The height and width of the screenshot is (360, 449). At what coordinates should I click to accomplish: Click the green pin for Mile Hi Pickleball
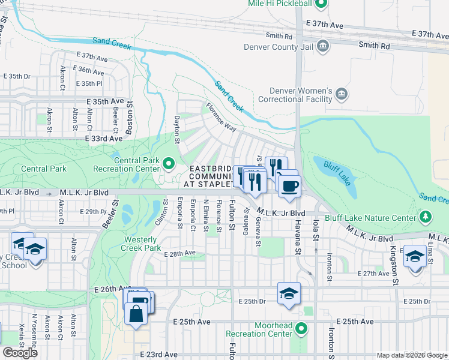[x=321, y=4]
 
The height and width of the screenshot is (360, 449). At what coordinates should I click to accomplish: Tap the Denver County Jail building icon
[x=322, y=46]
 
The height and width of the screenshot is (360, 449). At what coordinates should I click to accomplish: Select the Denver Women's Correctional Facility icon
[x=342, y=94]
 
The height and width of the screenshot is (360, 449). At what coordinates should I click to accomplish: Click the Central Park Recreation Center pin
[x=169, y=162]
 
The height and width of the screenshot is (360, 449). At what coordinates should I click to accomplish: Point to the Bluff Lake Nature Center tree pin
[x=425, y=216]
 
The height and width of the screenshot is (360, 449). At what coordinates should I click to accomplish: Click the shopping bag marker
[x=136, y=313]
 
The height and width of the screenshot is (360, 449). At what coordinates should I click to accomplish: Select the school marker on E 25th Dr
[x=289, y=293]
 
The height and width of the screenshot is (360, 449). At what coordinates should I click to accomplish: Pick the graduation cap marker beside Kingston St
[x=415, y=257]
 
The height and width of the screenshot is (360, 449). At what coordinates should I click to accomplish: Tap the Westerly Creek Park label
[x=140, y=243]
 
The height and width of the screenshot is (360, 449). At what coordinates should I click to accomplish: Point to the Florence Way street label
[x=221, y=118]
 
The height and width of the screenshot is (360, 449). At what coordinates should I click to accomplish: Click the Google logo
[x=20, y=353]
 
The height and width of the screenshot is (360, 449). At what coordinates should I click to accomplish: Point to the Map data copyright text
[x=412, y=355]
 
